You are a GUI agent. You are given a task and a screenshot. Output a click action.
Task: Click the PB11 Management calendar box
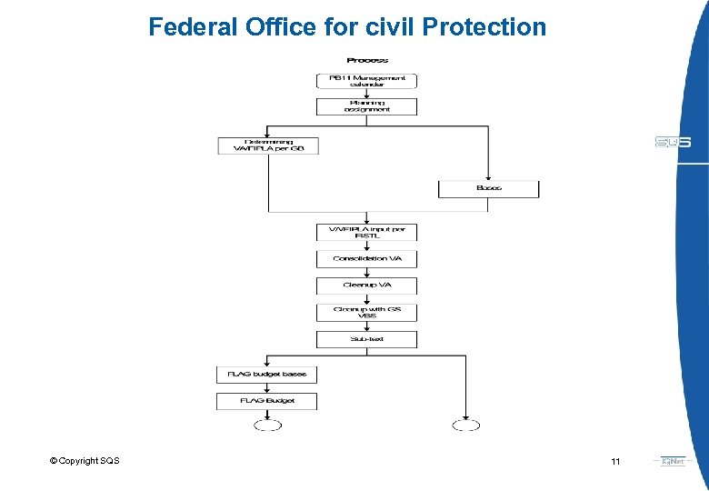[x=366, y=80]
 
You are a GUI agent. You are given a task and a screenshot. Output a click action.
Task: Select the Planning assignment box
[x=366, y=105]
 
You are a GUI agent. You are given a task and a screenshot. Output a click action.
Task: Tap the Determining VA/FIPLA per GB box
[x=268, y=145]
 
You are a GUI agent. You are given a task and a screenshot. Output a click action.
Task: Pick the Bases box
[x=488, y=188]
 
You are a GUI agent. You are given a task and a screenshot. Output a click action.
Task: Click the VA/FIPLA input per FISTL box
[x=366, y=232]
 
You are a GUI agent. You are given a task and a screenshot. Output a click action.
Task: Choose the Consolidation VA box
[x=366, y=258]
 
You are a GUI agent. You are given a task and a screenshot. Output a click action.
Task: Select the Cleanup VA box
[x=366, y=285]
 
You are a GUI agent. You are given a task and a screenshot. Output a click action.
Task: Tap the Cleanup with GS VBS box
[x=366, y=312]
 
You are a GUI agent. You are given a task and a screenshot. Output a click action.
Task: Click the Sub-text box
[x=366, y=339]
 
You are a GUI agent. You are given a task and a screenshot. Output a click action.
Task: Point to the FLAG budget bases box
[x=267, y=374]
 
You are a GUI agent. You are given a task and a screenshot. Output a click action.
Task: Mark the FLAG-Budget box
[x=267, y=401]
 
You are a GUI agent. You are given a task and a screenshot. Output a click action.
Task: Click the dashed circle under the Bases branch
[x=465, y=425]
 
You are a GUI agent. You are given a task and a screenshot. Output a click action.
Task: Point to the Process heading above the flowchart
[x=366, y=60]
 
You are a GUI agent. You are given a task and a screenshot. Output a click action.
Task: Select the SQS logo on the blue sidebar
[x=673, y=142]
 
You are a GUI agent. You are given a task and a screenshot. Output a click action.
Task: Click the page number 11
[x=615, y=462]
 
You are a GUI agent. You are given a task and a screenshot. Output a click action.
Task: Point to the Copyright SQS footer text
[x=85, y=461]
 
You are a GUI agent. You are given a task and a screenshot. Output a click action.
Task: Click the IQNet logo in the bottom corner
[x=674, y=461]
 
